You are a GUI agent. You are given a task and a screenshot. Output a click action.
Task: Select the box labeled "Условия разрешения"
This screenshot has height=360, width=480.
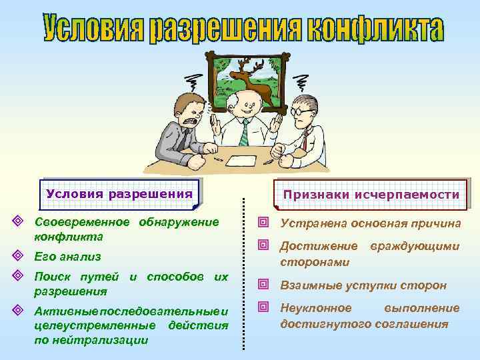pyautogui.click(x=122, y=194)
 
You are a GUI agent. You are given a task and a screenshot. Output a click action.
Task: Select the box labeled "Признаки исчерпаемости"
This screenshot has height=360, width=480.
pyautogui.click(x=371, y=195)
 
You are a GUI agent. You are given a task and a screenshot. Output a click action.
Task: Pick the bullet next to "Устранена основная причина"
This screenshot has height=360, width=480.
pyautogui.click(x=265, y=223)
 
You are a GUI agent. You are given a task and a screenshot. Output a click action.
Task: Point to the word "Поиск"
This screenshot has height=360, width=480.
pyautogui.click(x=51, y=276)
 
